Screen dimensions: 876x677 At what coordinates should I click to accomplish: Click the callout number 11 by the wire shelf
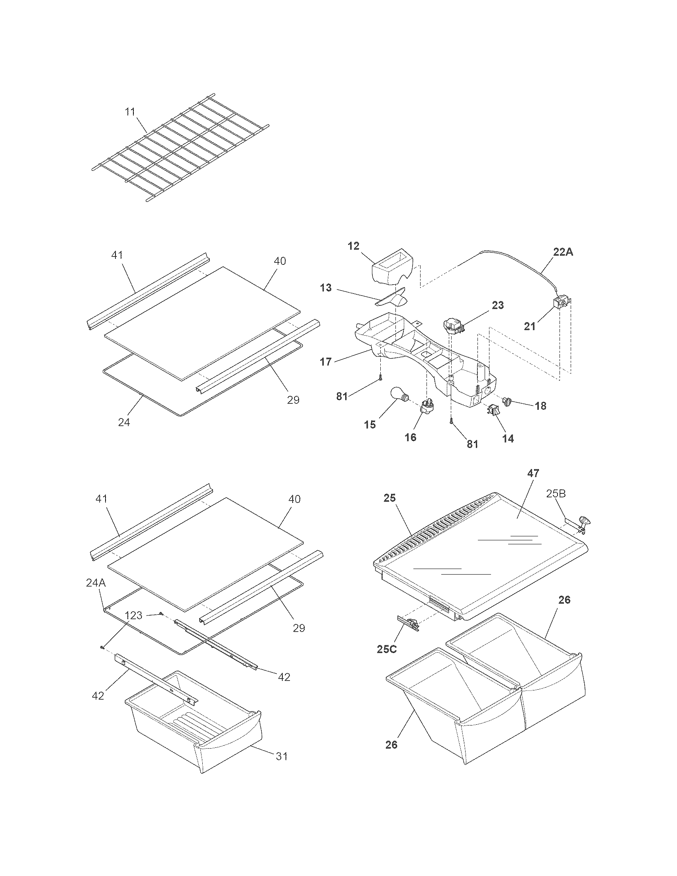click(x=130, y=111)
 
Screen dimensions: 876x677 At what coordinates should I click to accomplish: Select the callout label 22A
click(x=563, y=252)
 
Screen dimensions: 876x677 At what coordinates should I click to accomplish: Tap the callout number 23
click(x=497, y=305)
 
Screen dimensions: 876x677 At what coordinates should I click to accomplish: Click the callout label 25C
click(x=387, y=649)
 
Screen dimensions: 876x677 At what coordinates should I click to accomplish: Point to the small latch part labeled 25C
click(x=408, y=623)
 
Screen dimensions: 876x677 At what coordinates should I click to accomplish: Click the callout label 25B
click(x=556, y=494)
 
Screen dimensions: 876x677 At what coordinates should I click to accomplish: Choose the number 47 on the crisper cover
click(x=533, y=473)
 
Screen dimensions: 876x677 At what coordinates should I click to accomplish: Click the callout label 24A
click(x=96, y=583)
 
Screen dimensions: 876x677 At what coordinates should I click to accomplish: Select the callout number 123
click(x=133, y=615)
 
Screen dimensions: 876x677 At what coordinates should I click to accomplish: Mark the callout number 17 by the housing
click(x=326, y=362)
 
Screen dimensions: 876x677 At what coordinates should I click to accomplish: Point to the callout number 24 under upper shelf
click(x=124, y=422)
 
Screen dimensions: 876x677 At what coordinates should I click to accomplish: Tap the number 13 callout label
click(x=326, y=287)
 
